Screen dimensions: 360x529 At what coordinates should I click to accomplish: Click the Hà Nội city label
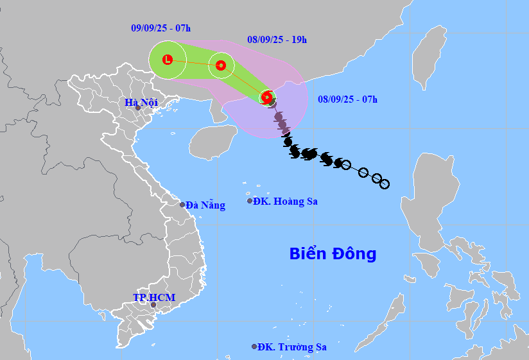pyautogui.click(x=141, y=102)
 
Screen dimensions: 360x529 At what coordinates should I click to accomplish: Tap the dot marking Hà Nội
pyautogui.click(x=137, y=108)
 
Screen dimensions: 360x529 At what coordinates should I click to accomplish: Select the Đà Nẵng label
pyautogui.click(x=205, y=205)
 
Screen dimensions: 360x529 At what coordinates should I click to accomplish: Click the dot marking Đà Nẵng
pyautogui.click(x=182, y=205)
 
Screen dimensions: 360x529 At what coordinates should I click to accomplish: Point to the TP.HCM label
pyautogui.click(x=153, y=297)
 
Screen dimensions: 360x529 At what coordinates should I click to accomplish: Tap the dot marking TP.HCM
pyautogui.click(x=153, y=305)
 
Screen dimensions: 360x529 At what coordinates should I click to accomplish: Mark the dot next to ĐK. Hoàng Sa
pyautogui.click(x=250, y=201)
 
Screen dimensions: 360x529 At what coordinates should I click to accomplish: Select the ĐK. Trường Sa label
pyautogui.click(x=292, y=347)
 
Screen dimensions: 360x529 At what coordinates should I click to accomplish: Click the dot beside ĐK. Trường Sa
pyautogui.click(x=254, y=347)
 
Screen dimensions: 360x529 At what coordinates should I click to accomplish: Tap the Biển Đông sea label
pyautogui.click(x=333, y=253)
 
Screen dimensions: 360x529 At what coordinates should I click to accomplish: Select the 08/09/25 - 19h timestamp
pyautogui.click(x=277, y=39)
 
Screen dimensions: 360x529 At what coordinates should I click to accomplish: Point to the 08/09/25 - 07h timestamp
pyautogui.click(x=347, y=99)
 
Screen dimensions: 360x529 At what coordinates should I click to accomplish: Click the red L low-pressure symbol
pyautogui.click(x=168, y=60)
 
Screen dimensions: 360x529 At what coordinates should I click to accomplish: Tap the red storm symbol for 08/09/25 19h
pyautogui.click(x=221, y=65)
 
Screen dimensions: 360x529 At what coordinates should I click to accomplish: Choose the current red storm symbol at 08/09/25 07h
pyautogui.click(x=266, y=98)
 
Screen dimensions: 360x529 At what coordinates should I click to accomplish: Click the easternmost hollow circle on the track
pyautogui.click(x=385, y=184)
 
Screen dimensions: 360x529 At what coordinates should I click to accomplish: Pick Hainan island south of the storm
pyautogui.click(x=214, y=141)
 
